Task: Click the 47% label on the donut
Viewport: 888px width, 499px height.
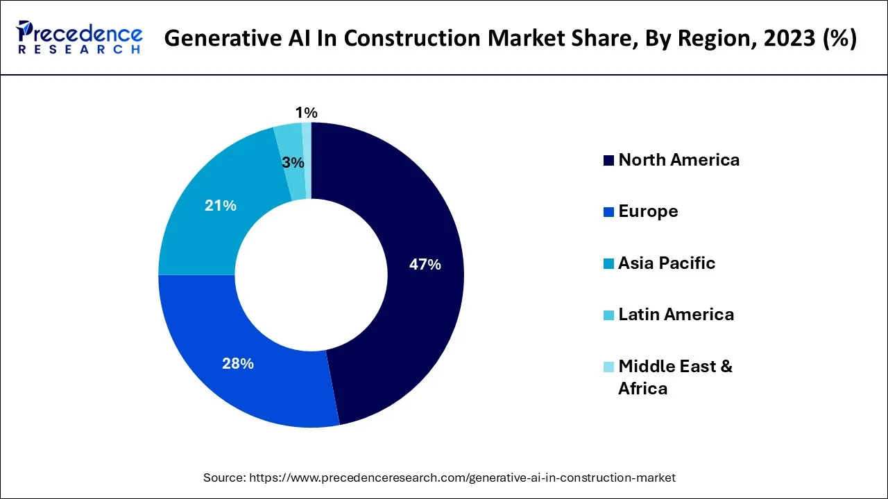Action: [425, 264]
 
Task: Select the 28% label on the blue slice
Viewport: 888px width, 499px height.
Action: [237, 363]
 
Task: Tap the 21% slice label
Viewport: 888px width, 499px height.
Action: [221, 205]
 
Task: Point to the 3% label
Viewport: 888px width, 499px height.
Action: [293, 163]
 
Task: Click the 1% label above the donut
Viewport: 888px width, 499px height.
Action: [306, 112]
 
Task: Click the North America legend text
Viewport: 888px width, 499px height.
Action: [678, 160]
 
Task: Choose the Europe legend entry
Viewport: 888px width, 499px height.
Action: [648, 211]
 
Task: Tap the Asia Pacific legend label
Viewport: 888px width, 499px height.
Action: [666, 263]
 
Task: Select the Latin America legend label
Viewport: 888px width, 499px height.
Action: [676, 315]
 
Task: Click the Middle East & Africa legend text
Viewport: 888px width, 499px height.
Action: [675, 377]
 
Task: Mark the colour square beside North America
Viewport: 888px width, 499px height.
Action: [608, 161]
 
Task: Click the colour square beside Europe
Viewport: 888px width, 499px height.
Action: [608, 212]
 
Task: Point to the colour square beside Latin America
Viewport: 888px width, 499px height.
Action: [608, 315]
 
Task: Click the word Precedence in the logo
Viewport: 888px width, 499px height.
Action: [82, 33]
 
